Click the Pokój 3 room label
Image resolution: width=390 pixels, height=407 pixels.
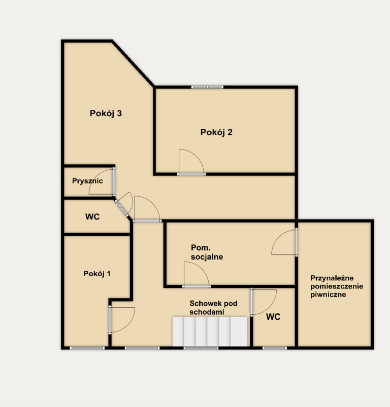[106, 114]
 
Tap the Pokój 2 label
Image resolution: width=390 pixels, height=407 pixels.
[216, 132]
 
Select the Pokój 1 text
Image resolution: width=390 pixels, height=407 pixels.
[97, 274]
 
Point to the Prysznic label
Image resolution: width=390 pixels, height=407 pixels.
[87, 181]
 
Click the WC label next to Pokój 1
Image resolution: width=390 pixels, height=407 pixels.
[92, 217]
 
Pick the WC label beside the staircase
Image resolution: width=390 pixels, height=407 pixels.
[273, 317]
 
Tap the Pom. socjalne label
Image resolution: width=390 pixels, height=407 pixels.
[207, 252]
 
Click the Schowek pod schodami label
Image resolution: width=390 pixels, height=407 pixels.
[213, 307]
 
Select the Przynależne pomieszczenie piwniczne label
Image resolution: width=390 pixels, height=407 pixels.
[337, 286]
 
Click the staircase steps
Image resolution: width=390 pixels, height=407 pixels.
[210, 331]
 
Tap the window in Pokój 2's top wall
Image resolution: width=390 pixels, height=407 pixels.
[207, 87]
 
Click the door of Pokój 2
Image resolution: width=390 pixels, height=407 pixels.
[191, 162]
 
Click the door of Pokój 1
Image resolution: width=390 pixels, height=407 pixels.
[122, 319]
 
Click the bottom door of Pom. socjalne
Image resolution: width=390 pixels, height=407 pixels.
[197, 275]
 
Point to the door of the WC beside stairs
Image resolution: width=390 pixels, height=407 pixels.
[264, 302]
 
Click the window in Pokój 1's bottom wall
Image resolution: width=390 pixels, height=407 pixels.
[87, 348]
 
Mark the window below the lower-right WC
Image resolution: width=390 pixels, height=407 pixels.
[275, 348]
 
